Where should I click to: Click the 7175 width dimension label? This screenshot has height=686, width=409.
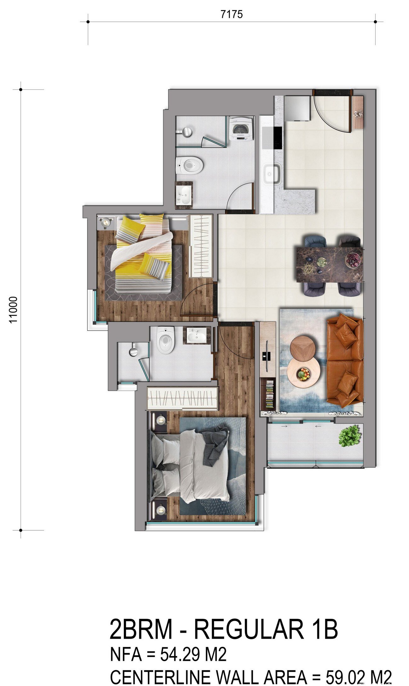[x=232, y=14]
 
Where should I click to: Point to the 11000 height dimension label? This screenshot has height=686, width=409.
[x=13, y=309]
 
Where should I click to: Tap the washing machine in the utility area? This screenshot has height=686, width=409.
[x=242, y=129]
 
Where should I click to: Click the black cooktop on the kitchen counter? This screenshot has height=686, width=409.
[x=277, y=137]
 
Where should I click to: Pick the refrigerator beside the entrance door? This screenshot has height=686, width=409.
[x=297, y=108]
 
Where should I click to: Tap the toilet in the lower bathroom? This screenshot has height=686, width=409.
[x=166, y=340]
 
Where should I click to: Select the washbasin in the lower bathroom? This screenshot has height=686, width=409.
[x=196, y=335]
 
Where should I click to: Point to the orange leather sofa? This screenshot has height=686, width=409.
[x=345, y=361]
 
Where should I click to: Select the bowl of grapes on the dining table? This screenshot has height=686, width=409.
[x=354, y=260]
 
